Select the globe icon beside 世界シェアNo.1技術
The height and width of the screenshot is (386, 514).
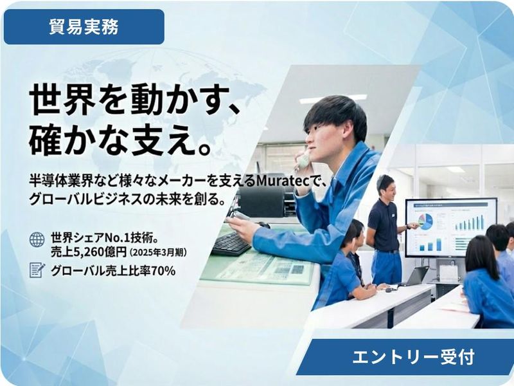click(37, 239)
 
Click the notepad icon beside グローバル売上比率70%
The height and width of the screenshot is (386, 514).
click(37, 270)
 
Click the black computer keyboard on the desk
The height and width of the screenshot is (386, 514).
click(231, 244)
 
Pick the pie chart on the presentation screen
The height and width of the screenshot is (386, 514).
click(425, 221)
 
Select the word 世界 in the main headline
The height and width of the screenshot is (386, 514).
click(51, 102)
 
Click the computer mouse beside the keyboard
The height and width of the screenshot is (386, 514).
click(264, 225)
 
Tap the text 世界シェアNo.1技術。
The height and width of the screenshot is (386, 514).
click(103, 237)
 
